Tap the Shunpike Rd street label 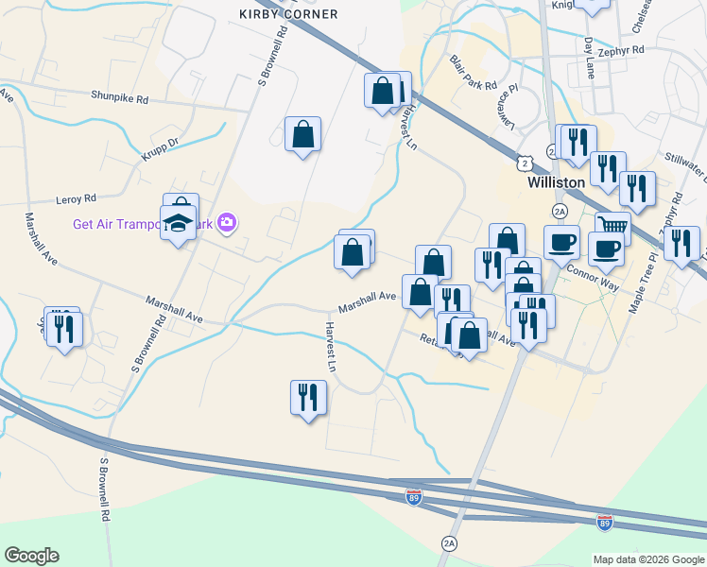pos(120,97)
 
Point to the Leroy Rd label pos(78,199)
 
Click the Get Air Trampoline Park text pos(142,224)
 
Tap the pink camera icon pos(227,223)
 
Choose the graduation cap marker pos(177,224)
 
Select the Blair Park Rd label pos(474,73)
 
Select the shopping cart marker pos(612,226)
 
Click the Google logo pos(31,556)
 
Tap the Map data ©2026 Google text pos(647,559)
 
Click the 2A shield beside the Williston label pos(560,210)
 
